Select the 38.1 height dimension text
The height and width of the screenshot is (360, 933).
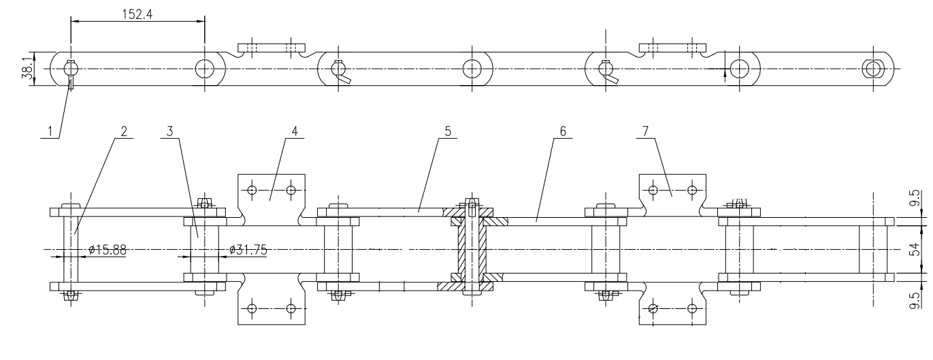(x=27, y=68)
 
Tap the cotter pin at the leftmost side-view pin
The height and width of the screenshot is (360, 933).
(x=71, y=82)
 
